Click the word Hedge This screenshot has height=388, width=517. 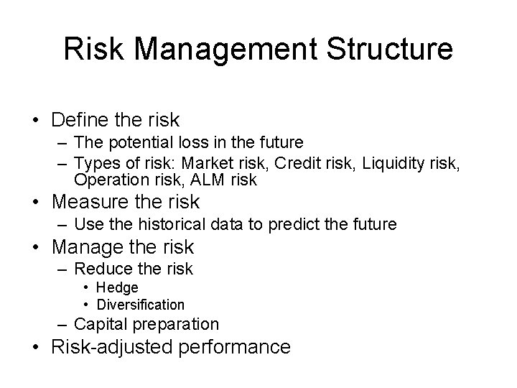click(x=118, y=288)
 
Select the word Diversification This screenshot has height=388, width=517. click(x=141, y=304)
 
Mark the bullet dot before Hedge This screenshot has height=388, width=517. click(x=88, y=288)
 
